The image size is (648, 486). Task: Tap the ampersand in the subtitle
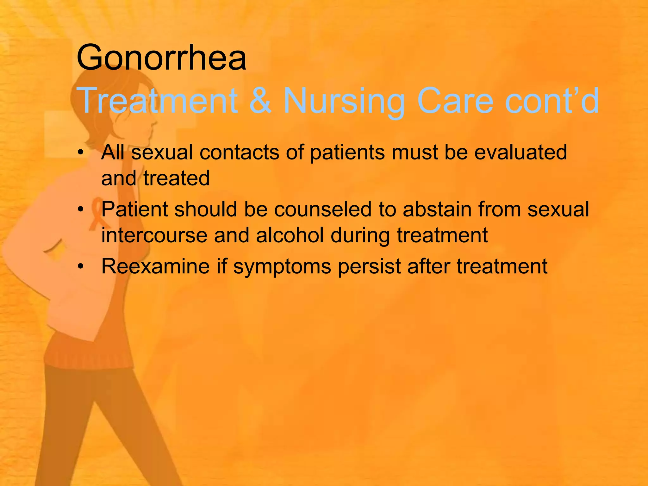pyautogui.click(x=260, y=101)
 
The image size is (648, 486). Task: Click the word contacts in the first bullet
pyautogui.click(x=240, y=152)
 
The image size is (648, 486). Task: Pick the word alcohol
pyautogui.click(x=290, y=235)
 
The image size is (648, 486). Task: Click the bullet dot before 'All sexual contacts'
pyautogui.click(x=81, y=153)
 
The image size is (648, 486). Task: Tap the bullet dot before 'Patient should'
pyautogui.click(x=81, y=210)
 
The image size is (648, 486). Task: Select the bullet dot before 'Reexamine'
pyautogui.click(x=81, y=267)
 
